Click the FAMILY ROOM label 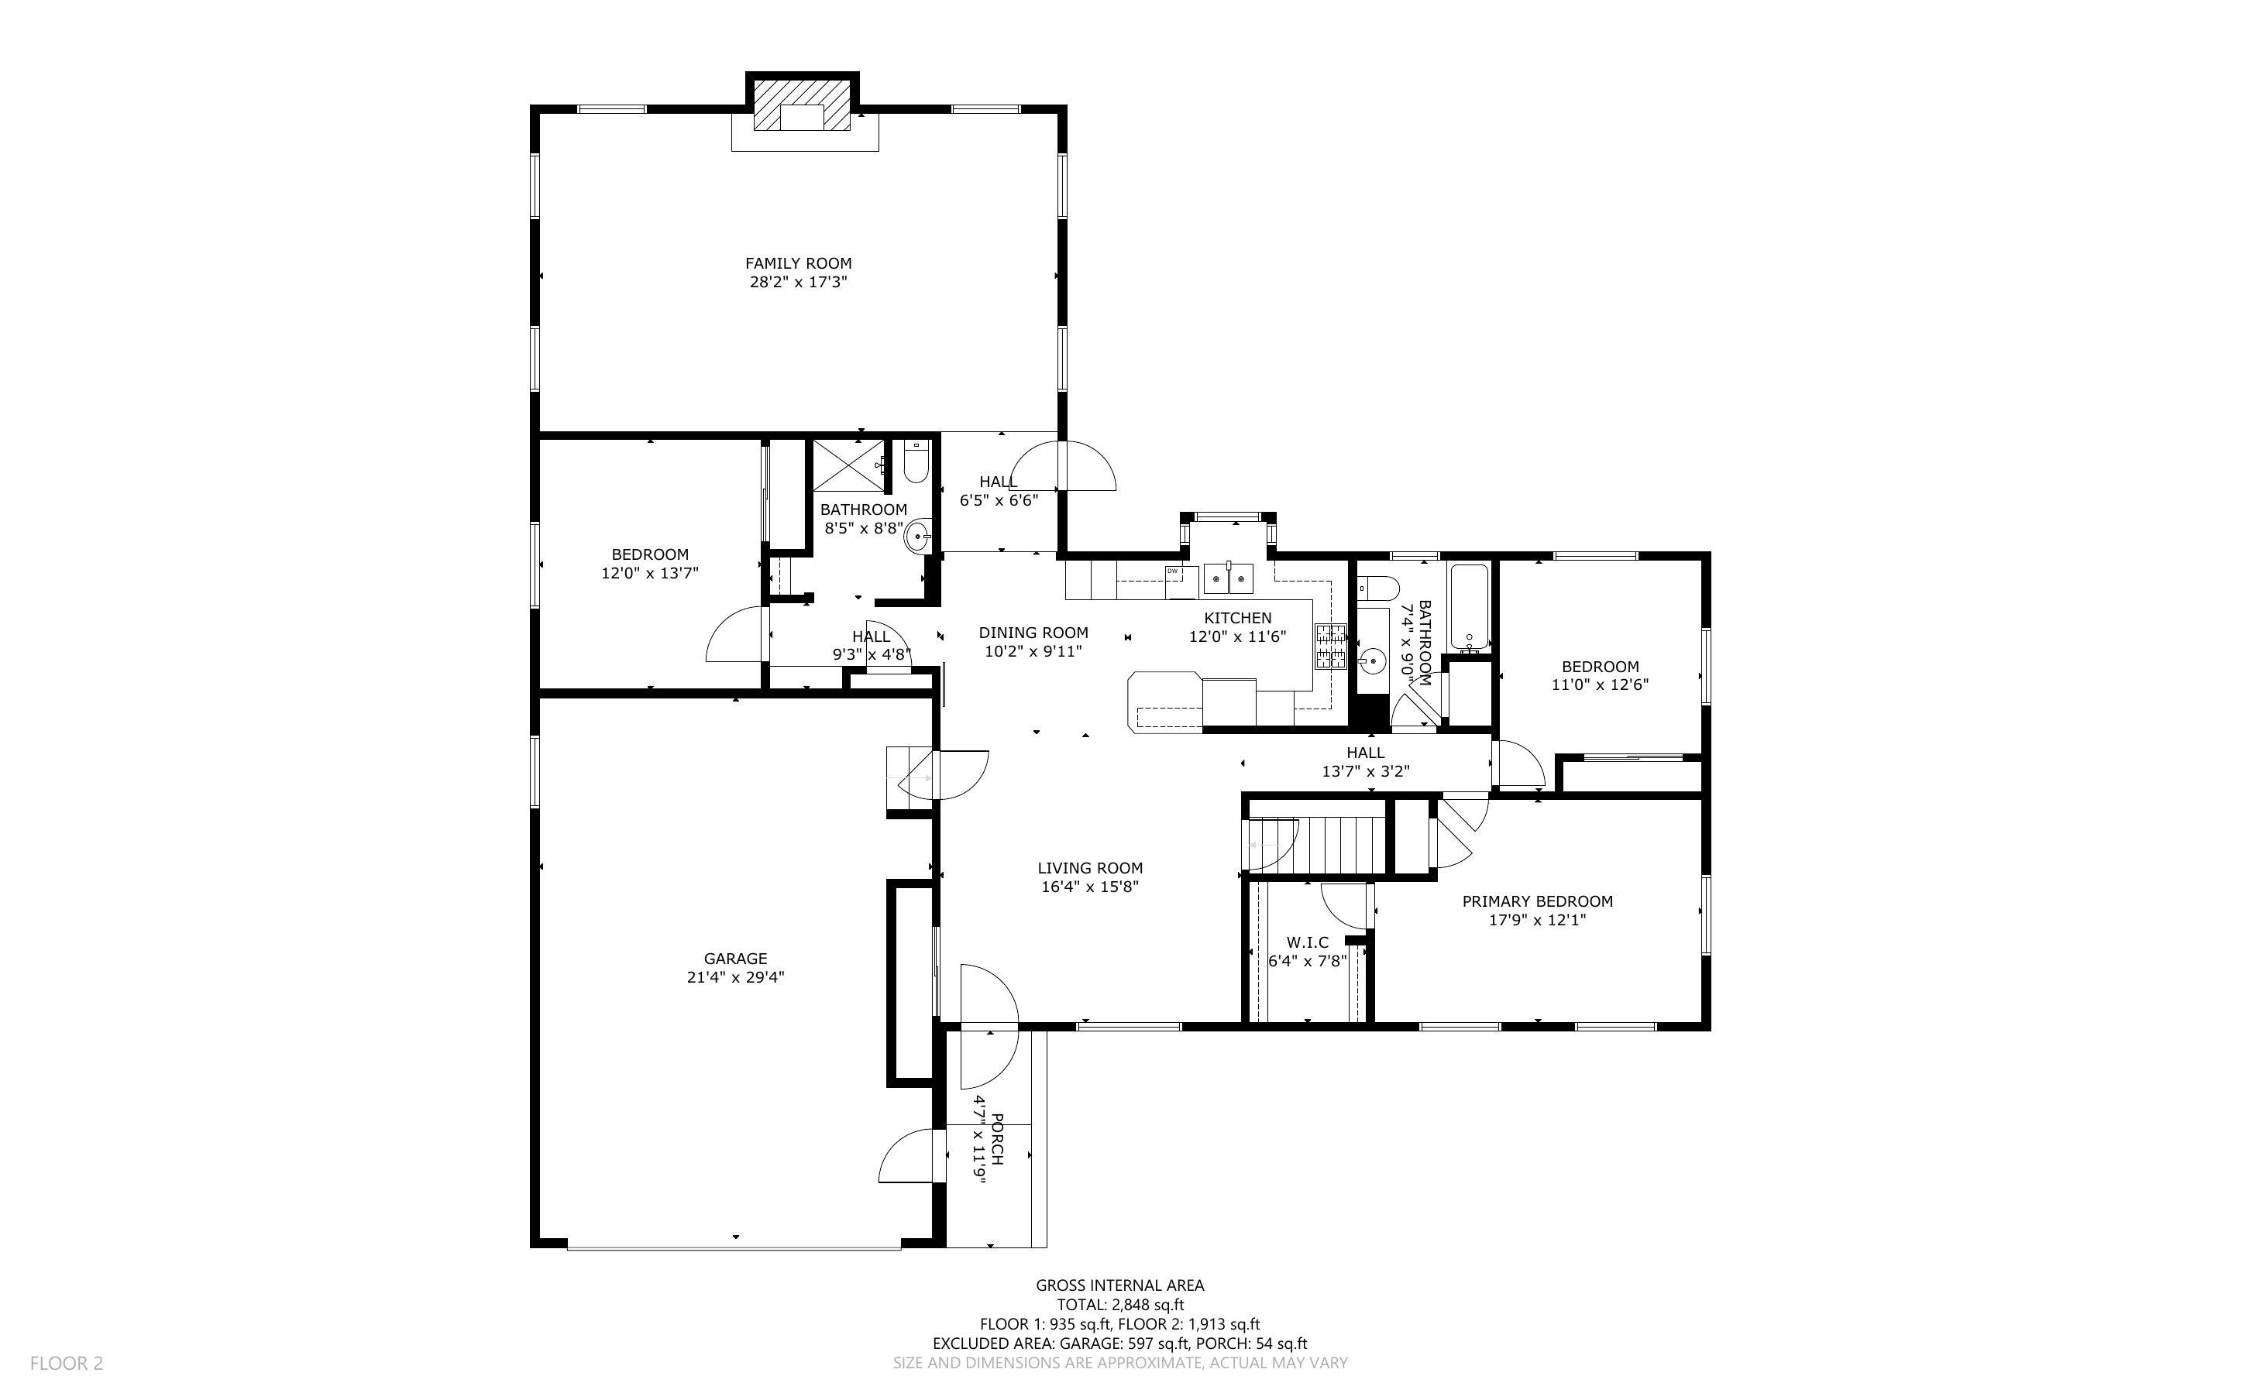[x=798, y=263]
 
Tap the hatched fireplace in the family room [x=801, y=104]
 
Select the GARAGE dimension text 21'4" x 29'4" [x=735, y=977]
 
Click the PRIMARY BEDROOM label [x=1537, y=901]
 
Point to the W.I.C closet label [x=1307, y=942]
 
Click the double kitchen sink [x=1228, y=578]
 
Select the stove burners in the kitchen [x=1331, y=647]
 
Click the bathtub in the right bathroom [x=1470, y=607]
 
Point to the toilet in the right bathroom [x=1377, y=587]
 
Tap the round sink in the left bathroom [x=919, y=536]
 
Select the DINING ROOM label [x=1033, y=633]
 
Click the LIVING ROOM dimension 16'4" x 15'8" [x=1090, y=886]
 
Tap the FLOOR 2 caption [x=67, y=1363]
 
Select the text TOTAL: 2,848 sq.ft [x=1120, y=1305]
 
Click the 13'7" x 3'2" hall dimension [x=1366, y=770]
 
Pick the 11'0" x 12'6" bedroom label [x=1601, y=685]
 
